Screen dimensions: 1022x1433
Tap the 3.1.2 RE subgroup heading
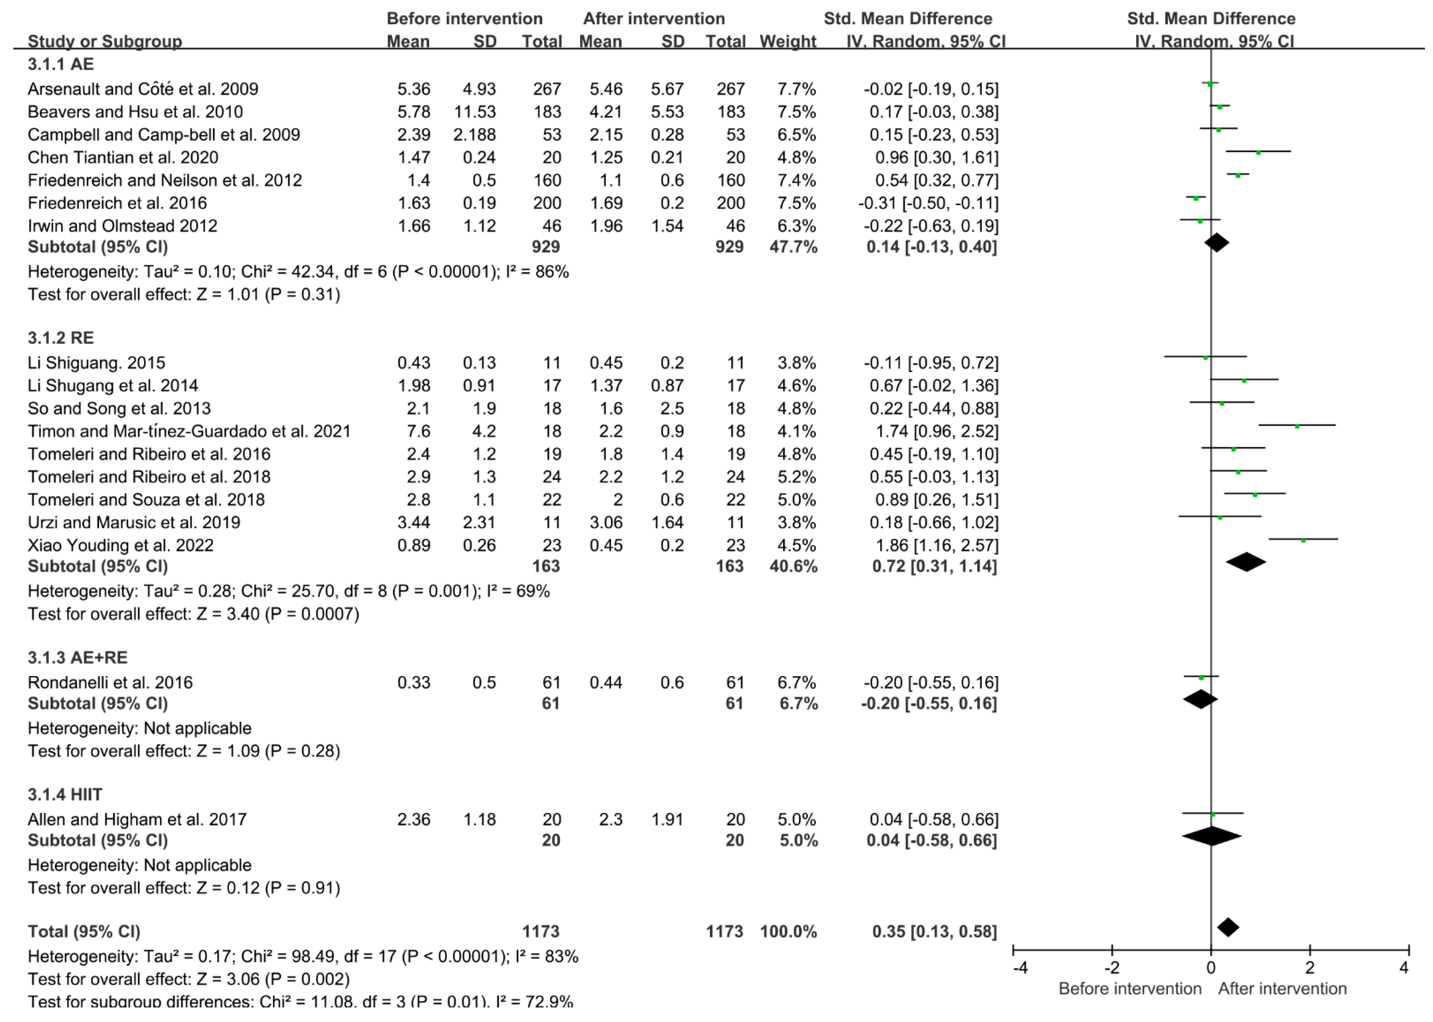click(x=61, y=338)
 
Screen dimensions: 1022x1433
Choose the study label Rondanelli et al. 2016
click(x=110, y=682)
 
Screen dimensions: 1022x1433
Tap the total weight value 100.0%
click(x=788, y=931)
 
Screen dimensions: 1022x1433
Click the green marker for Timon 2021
click(x=1297, y=426)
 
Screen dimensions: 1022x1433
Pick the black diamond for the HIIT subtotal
click(x=1211, y=836)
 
